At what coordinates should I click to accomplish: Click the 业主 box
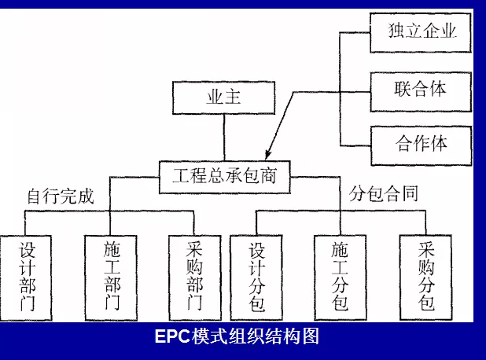click(224, 99)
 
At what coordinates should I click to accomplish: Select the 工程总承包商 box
click(224, 174)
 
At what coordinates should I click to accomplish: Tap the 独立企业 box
click(422, 32)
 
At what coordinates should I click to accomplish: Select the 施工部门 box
click(112, 276)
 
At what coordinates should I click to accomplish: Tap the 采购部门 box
click(195, 276)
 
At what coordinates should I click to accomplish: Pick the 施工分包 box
click(341, 276)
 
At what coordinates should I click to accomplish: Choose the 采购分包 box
click(426, 276)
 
